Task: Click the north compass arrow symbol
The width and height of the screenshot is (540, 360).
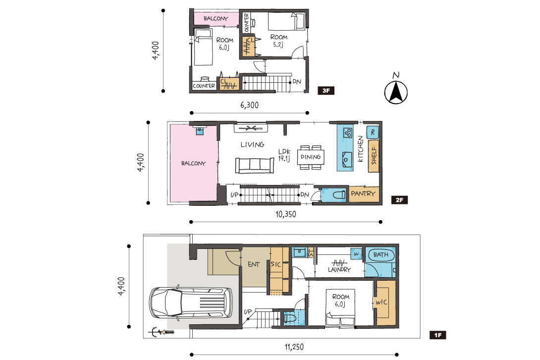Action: click(x=396, y=92)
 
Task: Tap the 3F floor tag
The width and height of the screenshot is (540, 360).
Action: click(x=326, y=91)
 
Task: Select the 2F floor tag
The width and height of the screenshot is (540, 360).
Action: click(x=399, y=200)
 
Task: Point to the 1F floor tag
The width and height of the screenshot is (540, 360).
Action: click(x=437, y=335)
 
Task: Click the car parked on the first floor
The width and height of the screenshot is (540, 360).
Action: click(x=190, y=302)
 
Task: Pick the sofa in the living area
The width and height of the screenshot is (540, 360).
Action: click(x=255, y=166)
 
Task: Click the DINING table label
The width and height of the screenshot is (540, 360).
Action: click(x=311, y=157)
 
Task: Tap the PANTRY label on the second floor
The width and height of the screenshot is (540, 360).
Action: click(x=363, y=194)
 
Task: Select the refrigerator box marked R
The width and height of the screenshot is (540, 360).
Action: click(x=373, y=132)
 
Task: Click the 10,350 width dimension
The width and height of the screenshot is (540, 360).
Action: click(x=285, y=214)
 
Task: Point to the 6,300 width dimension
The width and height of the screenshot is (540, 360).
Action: click(x=249, y=105)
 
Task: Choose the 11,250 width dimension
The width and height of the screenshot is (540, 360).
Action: click(x=294, y=347)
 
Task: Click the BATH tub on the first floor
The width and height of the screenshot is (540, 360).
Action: click(x=380, y=255)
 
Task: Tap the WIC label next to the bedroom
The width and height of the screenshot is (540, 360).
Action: click(x=381, y=302)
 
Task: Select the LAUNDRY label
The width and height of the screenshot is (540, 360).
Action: click(x=339, y=270)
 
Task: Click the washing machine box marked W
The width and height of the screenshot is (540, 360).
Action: click(x=356, y=254)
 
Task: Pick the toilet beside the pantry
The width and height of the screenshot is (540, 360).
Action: click(x=339, y=195)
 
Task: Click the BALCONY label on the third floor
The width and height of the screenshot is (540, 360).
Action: click(x=216, y=19)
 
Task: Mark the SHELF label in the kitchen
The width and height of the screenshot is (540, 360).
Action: click(x=374, y=156)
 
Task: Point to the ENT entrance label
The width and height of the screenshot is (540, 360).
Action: click(x=254, y=264)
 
